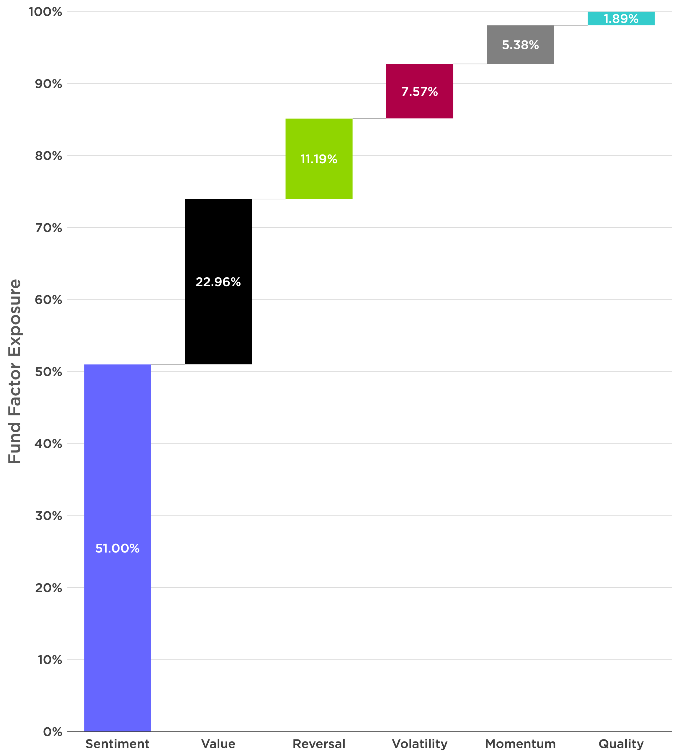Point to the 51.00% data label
(117, 548)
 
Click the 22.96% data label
(218, 282)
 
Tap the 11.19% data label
(319, 159)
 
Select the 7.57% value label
(420, 92)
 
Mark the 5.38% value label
(520, 45)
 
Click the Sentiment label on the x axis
(117, 744)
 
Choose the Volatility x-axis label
(420, 744)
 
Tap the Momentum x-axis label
(520, 744)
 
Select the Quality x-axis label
(621, 744)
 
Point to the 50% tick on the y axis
(48, 372)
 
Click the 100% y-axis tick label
(45, 12)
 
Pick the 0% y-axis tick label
(53, 732)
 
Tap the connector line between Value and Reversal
(269, 199)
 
